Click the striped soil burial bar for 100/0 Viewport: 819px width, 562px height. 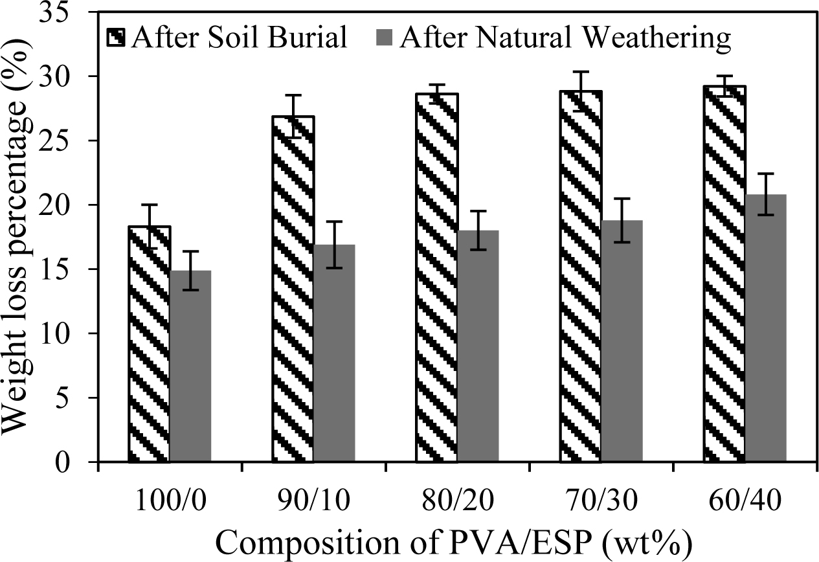click(150, 344)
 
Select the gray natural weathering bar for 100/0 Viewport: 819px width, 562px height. click(190, 366)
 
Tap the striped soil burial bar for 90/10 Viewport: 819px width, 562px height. click(293, 289)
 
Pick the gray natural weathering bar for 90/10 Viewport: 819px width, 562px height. click(334, 354)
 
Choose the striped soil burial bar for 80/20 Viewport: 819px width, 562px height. click(437, 278)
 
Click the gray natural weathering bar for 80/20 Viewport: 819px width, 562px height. click(478, 346)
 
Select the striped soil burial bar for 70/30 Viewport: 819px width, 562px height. click(581, 276)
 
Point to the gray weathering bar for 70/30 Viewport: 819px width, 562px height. click(622, 341)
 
